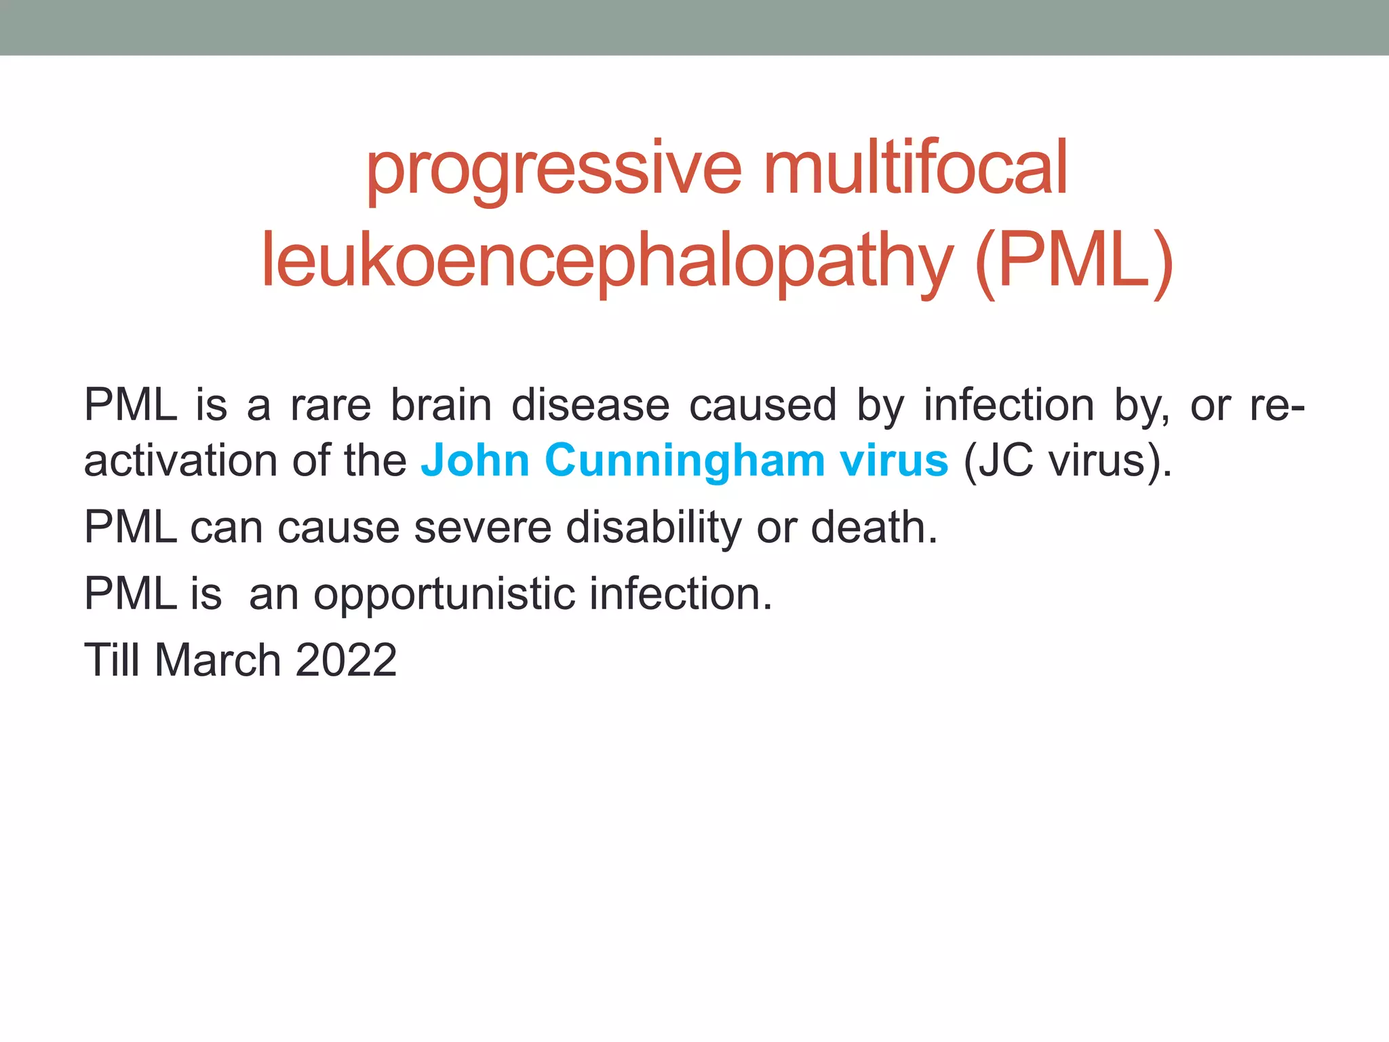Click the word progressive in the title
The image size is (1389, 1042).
point(553,169)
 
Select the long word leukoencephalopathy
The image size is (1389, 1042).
point(607,261)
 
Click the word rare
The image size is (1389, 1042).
point(330,406)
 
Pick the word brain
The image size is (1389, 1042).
point(441,406)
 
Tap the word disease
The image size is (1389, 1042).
point(590,406)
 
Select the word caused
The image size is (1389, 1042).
point(762,406)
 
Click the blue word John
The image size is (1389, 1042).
point(475,461)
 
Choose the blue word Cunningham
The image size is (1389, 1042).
point(684,461)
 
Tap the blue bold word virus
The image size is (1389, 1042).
point(893,461)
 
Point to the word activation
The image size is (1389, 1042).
point(180,461)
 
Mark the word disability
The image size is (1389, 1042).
point(654,527)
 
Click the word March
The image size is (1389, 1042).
point(217,660)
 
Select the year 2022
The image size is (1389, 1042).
point(346,660)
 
